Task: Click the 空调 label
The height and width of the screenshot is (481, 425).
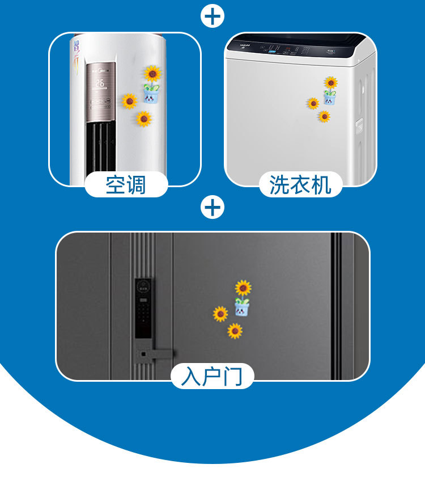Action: pos(126,185)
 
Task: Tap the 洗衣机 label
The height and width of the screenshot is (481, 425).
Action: pos(300,185)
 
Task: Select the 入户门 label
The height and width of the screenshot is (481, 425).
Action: pos(212,377)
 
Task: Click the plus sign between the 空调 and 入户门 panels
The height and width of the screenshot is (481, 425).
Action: pos(212,208)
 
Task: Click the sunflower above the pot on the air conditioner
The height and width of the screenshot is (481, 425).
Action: pos(152,74)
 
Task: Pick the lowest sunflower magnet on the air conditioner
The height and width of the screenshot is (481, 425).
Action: pos(144,119)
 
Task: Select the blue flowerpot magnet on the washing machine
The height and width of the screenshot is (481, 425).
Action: pos(330,98)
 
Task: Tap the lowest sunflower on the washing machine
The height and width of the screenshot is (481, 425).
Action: pos(324,116)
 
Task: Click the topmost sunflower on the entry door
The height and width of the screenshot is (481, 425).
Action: pos(244,288)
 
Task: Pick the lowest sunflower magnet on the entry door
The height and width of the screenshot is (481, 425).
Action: pos(235,331)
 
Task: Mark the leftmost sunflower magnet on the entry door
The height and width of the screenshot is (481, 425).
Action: pos(220,314)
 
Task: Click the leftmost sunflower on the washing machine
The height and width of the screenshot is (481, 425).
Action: pos(313,103)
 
